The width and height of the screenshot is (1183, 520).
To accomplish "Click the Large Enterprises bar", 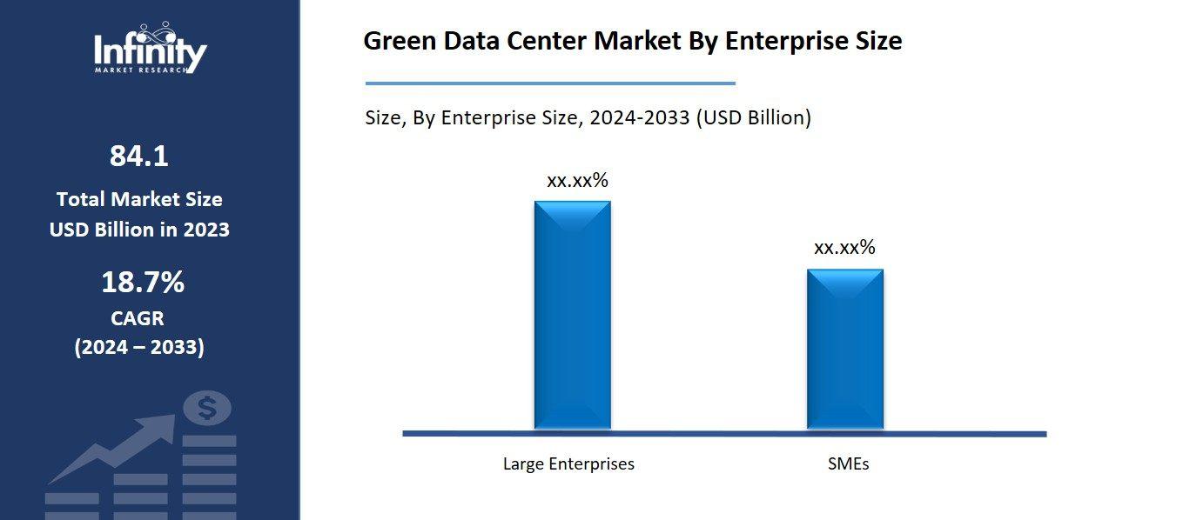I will (x=572, y=315).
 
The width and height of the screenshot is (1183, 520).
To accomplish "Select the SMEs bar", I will (x=844, y=349).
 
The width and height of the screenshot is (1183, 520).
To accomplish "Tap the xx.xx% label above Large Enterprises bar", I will (x=577, y=181).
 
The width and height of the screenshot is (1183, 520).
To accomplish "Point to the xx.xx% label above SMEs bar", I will (x=844, y=248).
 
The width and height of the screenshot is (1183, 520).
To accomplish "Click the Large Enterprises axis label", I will (x=568, y=463).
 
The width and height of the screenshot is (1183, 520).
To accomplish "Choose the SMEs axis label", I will (x=848, y=463).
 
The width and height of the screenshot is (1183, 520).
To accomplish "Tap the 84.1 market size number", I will (x=139, y=157).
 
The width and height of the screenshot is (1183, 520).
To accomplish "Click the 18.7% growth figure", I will (x=143, y=283).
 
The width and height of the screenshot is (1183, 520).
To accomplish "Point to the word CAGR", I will (x=138, y=318).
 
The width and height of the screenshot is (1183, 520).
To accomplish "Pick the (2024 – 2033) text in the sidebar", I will (x=139, y=348).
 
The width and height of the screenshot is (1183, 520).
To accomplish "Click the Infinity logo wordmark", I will (x=151, y=52).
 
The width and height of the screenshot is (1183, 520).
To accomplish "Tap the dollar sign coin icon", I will (x=207, y=407).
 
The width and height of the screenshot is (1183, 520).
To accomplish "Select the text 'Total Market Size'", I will (x=139, y=199).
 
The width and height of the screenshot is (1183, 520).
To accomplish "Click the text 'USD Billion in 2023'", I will (x=139, y=230).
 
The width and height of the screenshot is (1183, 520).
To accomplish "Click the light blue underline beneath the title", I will (x=550, y=83).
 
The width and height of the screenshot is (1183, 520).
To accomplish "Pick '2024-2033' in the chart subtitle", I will (x=639, y=117).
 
